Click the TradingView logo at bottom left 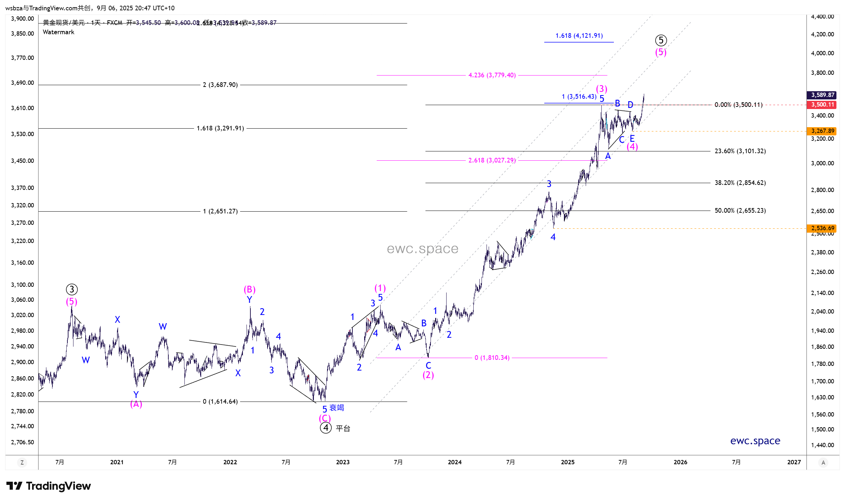point(49,486)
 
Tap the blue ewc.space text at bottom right point(755,441)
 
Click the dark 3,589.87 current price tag point(822,95)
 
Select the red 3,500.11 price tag point(822,105)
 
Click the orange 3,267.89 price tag point(822,131)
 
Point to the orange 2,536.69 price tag point(822,228)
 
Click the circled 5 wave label point(661,40)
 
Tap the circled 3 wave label point(72,289)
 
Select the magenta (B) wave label point(250,289)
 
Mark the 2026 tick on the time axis point(680,462)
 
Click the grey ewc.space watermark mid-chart point(422,249)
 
